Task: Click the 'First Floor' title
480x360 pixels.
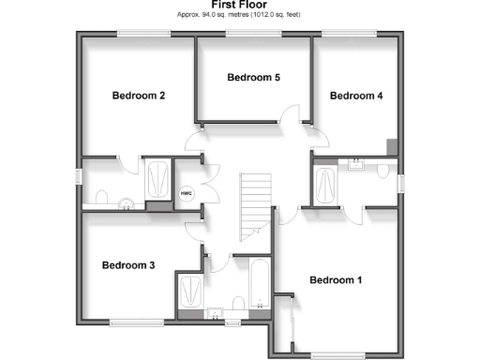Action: (x=239, y=5)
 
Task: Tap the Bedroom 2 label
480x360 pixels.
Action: (x=139, y=95)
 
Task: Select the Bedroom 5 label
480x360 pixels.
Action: (x=253, y=77)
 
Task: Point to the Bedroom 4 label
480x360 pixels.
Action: (x=356, y=95)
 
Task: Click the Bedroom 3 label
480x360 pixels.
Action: (x=127, y=264)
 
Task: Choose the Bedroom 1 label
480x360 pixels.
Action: (x=335, y=279)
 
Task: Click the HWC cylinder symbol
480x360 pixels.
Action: (x=186, y=193)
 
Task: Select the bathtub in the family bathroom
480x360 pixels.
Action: (x=259, y=281)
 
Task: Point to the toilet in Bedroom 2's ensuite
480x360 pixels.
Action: (x=102, y=196)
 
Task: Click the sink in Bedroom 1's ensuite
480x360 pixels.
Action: (x=356, y=164)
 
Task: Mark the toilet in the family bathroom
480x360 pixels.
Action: (x=238, y=303)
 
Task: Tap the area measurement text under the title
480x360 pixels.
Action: (x=239, y=16)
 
